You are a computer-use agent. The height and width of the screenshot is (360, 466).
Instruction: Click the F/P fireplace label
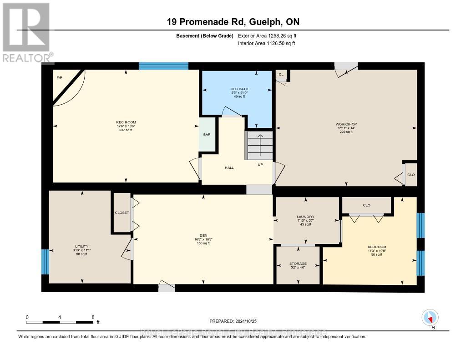click(x=59, y=78)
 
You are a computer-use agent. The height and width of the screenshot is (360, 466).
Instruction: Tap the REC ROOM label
click(x=126, y=122)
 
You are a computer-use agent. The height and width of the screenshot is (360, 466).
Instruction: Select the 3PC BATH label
click(x=239, y=89)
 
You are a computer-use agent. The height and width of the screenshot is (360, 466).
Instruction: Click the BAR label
click(x=207, y=135)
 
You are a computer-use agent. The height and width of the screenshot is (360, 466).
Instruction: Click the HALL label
click(x=229, y=167)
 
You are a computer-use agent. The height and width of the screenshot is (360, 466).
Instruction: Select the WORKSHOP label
click(x=346, y=124)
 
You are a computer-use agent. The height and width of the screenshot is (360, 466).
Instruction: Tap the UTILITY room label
click(x=81, y=246)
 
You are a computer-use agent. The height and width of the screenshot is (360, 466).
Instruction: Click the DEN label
click(x=203, y=235)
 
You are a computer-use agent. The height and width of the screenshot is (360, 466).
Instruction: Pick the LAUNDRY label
click(x=305, y=217)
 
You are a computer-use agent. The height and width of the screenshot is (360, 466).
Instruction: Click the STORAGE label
click(x=298, y=264)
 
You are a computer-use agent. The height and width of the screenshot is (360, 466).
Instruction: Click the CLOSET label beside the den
click(x=122, y=213)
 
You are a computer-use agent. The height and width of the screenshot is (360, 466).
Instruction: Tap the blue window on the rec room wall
click(x=163, y=66)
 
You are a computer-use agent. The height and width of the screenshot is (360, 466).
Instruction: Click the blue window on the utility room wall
click(x=45, y=262)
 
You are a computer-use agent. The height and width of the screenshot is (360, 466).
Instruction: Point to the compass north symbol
click(x=430, y=318)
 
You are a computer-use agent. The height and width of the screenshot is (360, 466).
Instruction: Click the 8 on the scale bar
click(x=93, y=317)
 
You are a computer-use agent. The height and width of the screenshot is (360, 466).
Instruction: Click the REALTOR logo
click(x=26, y=32)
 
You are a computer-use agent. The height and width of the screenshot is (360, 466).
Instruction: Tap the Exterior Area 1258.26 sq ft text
click(x=267, y=35)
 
